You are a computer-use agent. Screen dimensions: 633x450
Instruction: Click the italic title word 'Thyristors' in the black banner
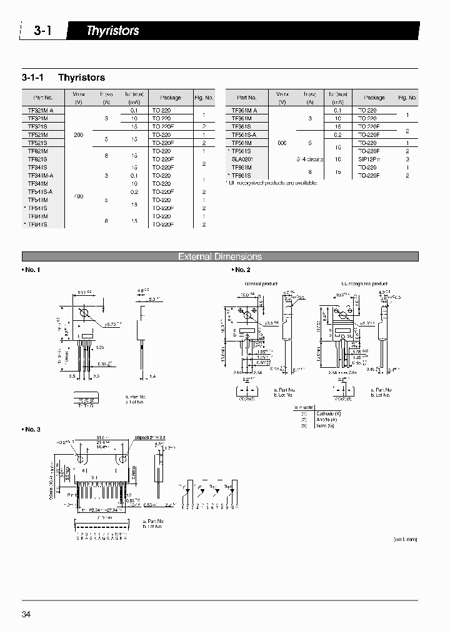click(x=112, y=31)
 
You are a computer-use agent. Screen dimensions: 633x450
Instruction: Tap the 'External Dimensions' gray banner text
click(x=220, y=256)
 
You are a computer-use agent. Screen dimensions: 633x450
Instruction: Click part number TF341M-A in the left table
click(x=41, y=176)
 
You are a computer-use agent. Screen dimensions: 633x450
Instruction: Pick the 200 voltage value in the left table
click(x=78, y=134)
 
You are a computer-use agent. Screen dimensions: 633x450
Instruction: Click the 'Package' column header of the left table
click(x=170, y=98)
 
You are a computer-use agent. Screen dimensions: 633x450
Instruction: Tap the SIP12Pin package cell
click(x=374, y=159)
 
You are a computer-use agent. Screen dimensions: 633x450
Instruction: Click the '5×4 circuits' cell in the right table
click(x=310, y=159)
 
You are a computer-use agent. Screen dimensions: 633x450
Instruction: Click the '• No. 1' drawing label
click(x=31, y=270)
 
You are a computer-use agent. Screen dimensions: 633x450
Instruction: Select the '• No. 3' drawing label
click(x=31, y=429)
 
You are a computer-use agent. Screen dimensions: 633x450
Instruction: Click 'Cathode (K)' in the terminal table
click(x=328, y=414)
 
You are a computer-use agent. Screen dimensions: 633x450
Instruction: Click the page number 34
click(x=26, y=614)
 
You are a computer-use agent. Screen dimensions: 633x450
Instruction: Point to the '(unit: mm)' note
click(x=405, y=539)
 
